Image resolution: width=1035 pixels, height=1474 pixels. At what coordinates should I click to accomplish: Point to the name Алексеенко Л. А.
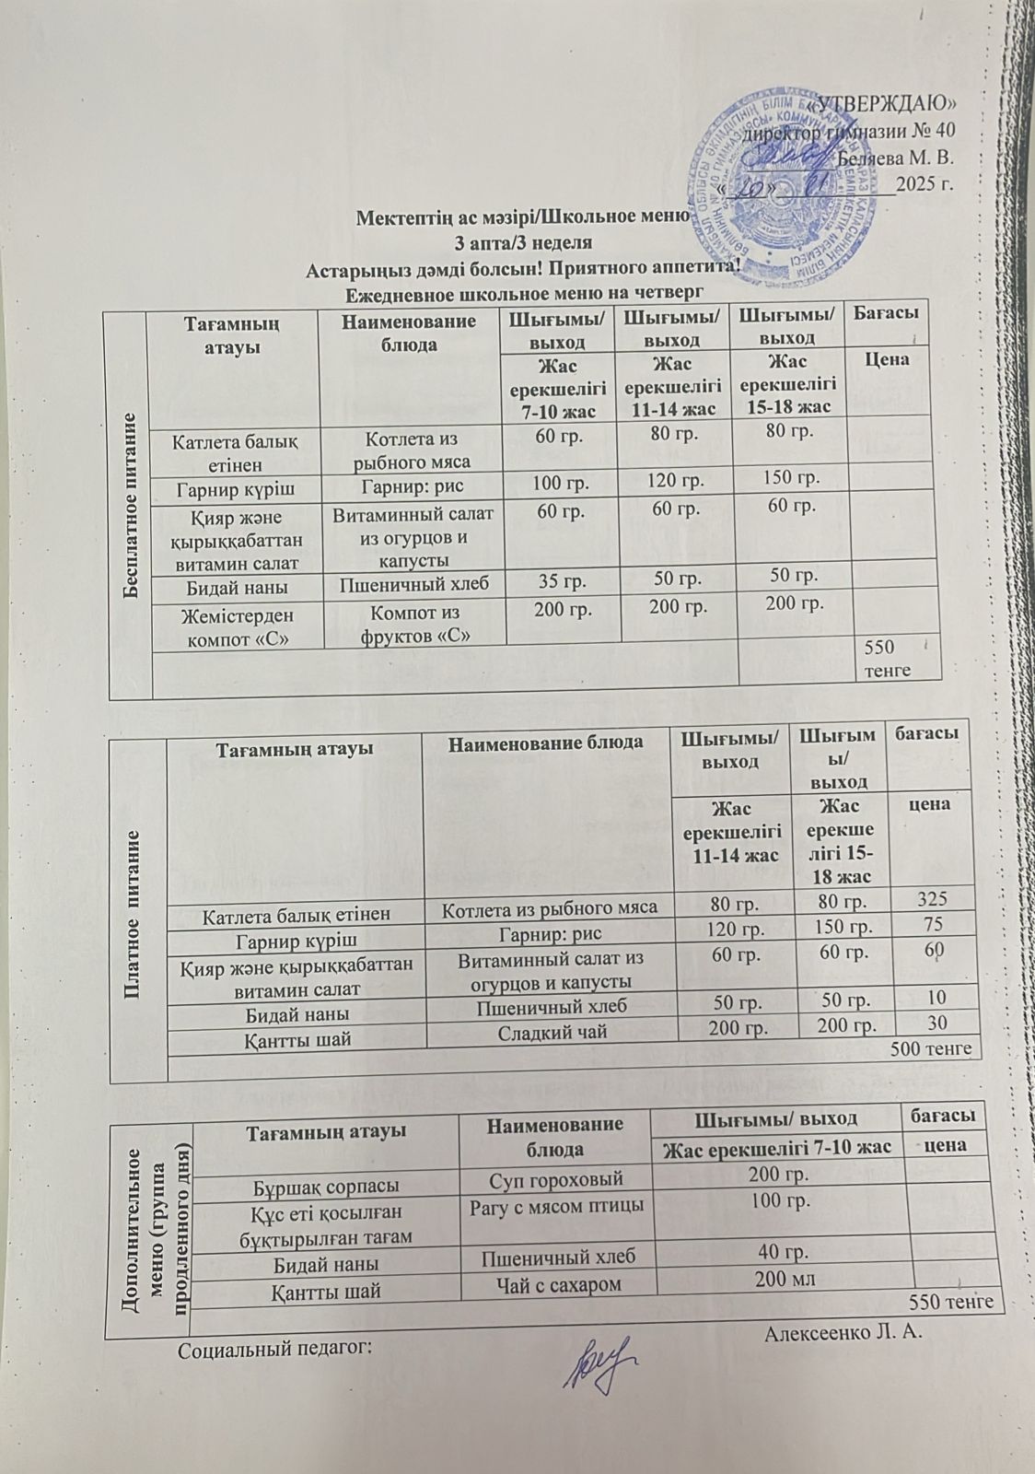click(x=843, y=1333)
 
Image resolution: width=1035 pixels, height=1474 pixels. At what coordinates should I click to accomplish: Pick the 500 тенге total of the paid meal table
click(x=931, y=1048)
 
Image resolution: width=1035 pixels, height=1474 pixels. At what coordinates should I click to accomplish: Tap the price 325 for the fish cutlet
click(x=930, y=899)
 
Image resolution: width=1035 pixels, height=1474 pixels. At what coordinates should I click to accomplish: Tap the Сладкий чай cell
click(x=552, y=1031)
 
